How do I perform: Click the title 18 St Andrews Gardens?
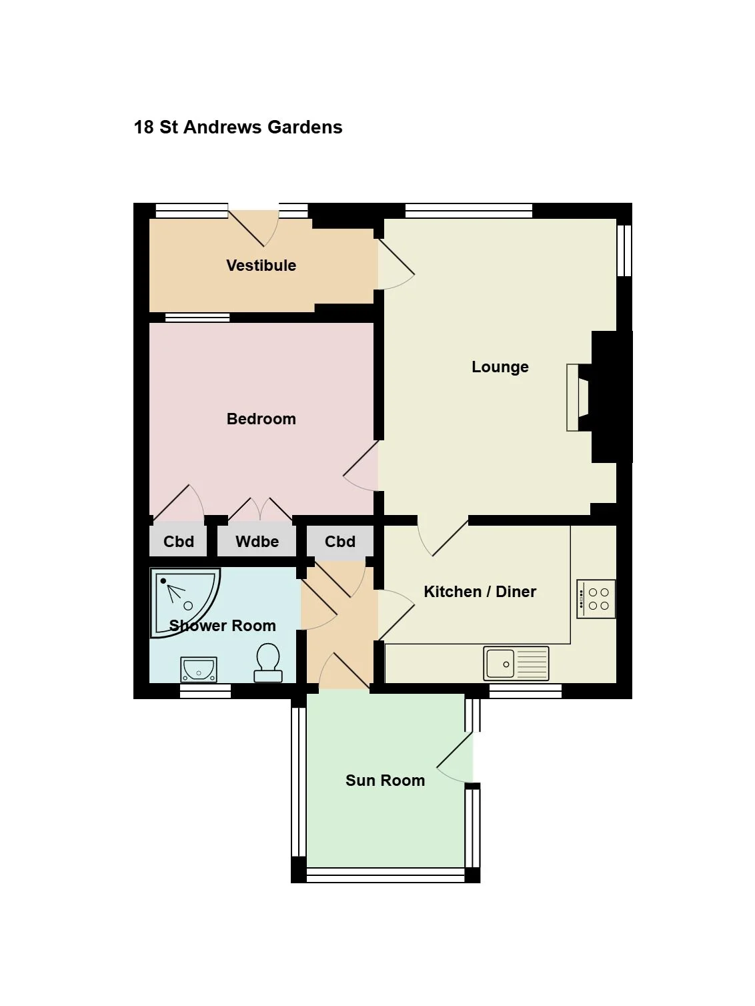click(x=237, y=127)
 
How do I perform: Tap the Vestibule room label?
click(x=261, y=266)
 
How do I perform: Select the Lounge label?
click(x=500, y=367)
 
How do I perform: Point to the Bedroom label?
click(x=261, y=419)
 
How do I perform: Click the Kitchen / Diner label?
click(x=480, y=592)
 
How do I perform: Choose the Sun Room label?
click(x=385, y=781)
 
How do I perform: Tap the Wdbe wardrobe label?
click(x=257, y=542)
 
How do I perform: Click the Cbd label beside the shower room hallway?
click(x=340, y=542)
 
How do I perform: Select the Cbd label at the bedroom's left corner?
click(x=179, y=542)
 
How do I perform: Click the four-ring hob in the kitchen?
click(x=596, y=600)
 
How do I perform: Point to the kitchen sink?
click(x=516, y=663)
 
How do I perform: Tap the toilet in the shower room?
click(x=268, y=662)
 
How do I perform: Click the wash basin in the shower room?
click(x=198, y=670)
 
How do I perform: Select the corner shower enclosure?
click(x=185, y=603)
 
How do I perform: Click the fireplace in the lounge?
click(x=578, y=398)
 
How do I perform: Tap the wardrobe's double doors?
click(x=260, y=509)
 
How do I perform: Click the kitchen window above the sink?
click(x=526, y=692)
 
